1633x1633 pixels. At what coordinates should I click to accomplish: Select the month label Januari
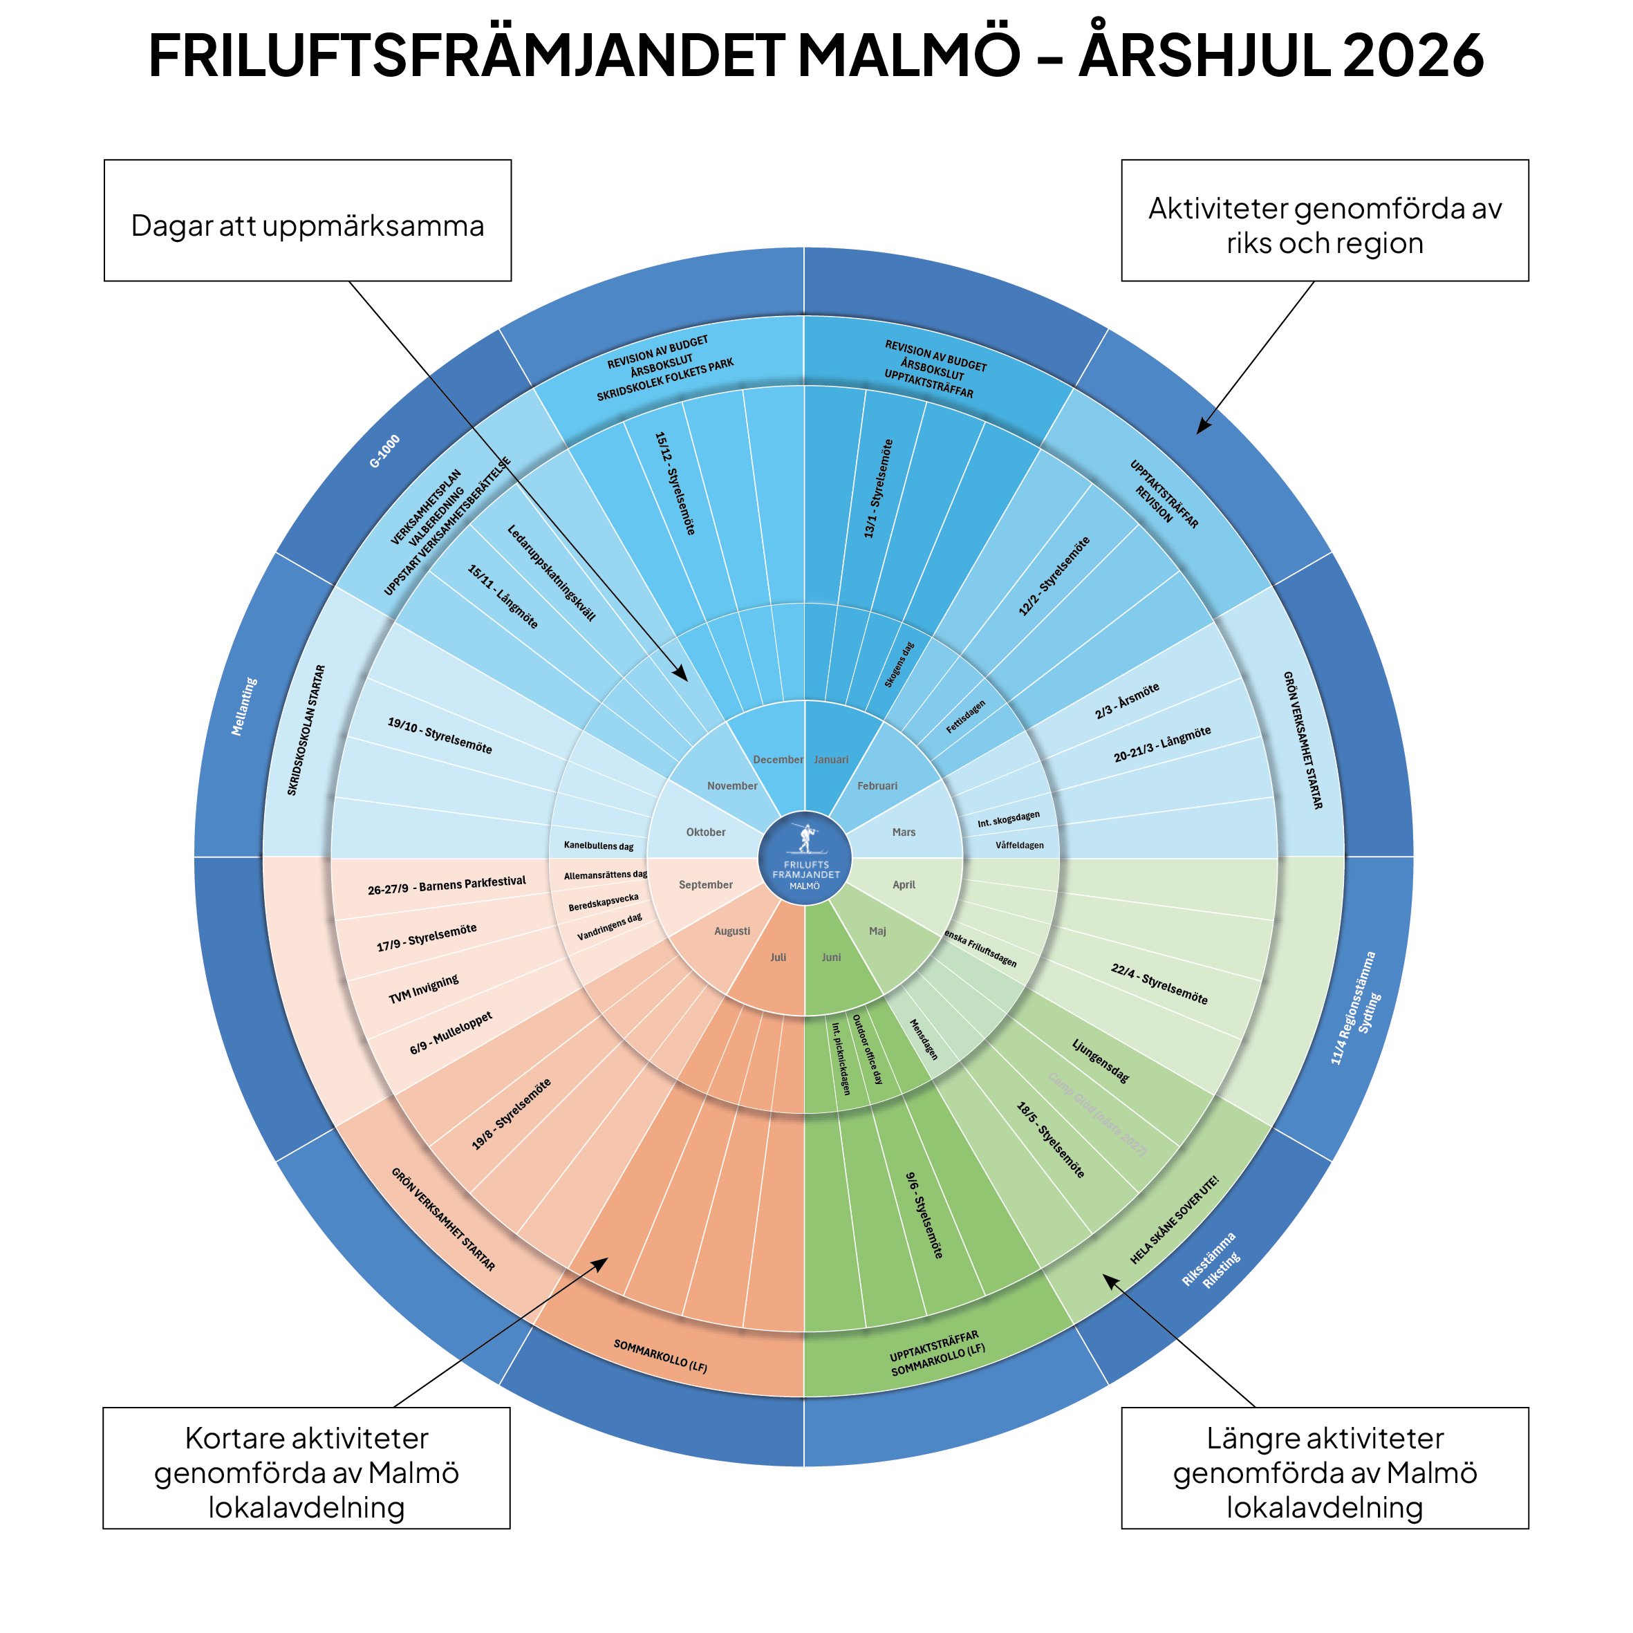click(831, 760)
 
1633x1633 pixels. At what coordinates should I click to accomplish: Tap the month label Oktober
click(706, 832)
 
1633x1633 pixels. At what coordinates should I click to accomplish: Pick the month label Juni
click(831, 957)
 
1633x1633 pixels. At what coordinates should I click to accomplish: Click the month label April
click(904, 885)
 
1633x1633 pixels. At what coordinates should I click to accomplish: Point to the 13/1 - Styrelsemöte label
click(878, 489)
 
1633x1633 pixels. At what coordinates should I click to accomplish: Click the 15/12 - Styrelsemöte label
click(675, 483)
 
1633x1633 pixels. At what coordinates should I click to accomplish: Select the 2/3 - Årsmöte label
click(1127, 702)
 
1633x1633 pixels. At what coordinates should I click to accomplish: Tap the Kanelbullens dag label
click(599, 846)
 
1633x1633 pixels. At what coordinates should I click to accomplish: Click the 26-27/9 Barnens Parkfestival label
click(447, 885)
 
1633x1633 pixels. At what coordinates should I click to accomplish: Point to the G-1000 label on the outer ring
click(384, 452)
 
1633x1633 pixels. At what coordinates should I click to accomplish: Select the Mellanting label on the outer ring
click(244, 707)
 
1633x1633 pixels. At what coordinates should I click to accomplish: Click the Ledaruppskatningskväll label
click(551, 573)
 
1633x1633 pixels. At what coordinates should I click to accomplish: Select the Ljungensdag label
click(1101, 1061)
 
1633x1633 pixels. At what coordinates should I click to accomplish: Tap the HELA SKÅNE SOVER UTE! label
click(1174, 1220)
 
